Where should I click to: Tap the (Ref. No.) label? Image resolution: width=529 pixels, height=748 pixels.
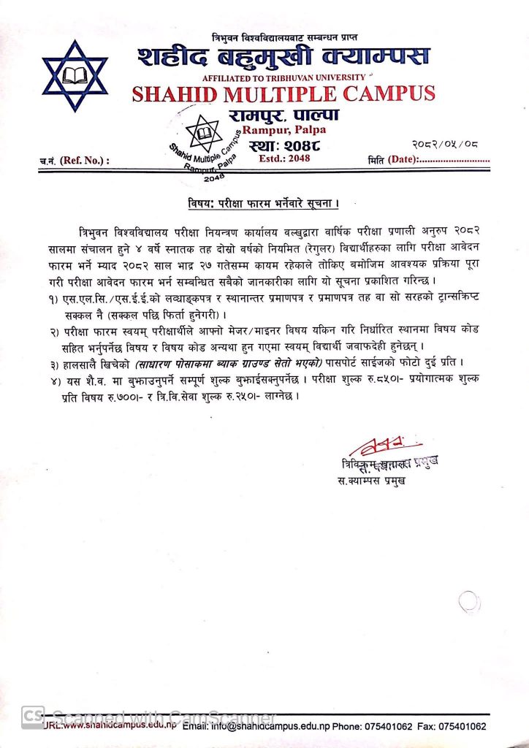click(84, 159)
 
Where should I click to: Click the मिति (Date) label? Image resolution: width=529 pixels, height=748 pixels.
click(392, 159)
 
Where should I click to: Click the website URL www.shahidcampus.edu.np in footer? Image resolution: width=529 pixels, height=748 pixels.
click(121, 727)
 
